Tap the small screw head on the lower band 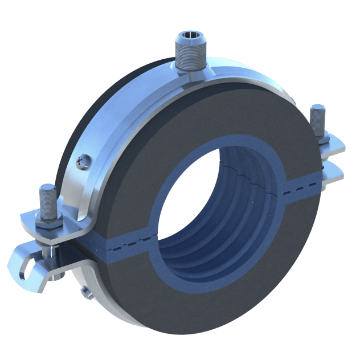tap(86, 292)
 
